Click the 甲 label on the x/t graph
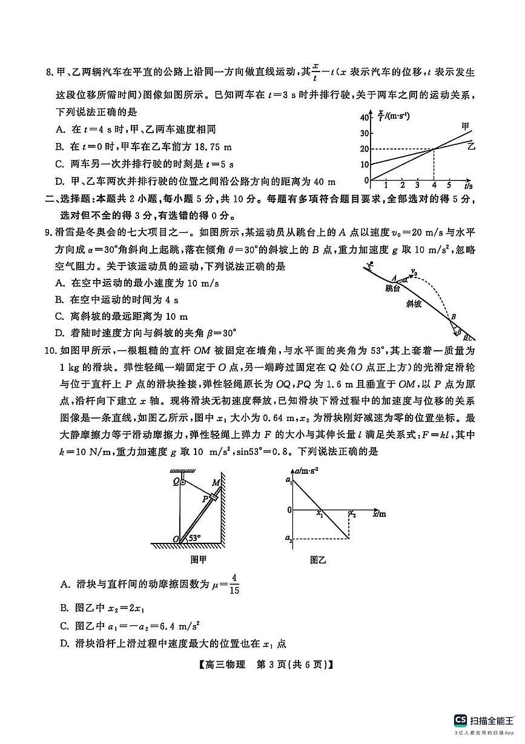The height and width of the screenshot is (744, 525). click(465, 125)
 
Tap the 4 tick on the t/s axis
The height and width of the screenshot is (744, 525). click(434, 185)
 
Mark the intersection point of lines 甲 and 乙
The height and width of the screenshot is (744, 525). click(434, 148)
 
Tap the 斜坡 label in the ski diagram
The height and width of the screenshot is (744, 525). click(414, 304)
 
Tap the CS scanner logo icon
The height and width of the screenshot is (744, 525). click(460, 720)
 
